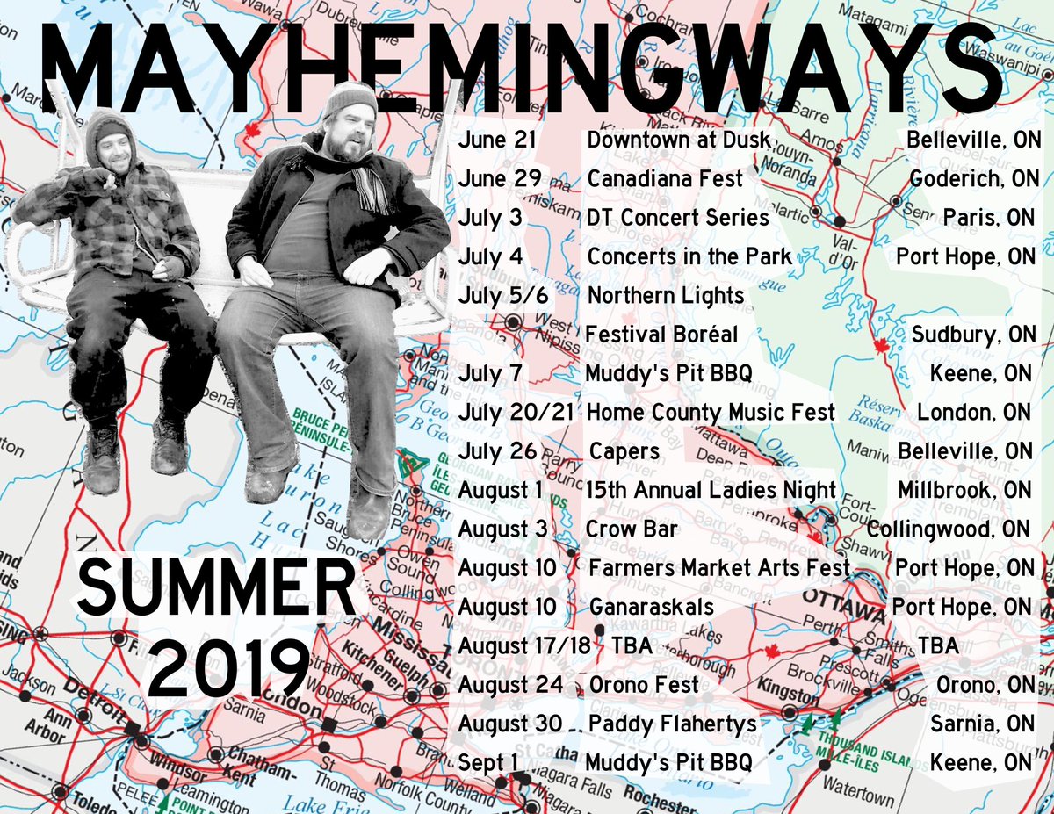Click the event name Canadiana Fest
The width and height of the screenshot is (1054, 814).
665,179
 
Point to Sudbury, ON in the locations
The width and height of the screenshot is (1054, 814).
973,335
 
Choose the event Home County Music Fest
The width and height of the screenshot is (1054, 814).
711,412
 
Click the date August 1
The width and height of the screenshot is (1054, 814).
501,490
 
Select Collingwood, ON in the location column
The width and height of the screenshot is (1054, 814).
949,529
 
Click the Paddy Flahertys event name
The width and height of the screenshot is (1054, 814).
672,724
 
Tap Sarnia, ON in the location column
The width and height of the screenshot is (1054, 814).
981,724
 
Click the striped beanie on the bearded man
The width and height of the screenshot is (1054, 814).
349,97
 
